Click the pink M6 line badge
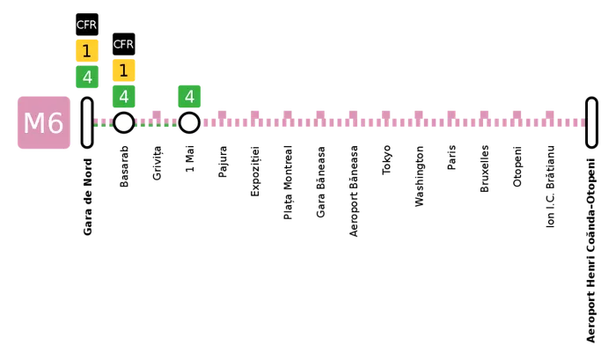(x=42, y=123)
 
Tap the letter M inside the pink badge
(x=33, y=123)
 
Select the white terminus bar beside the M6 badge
(x=86, y=122)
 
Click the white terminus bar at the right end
(x=591, y=122)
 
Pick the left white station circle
(x=123, y=122)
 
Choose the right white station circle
(x=189, y=122)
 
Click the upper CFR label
(x=86, y=25)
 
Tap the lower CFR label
(x=123, y=44)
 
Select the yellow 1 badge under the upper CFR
(x=86, y=51)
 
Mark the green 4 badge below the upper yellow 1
(x=86, y=77)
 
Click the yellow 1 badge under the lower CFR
(x=123, y=70)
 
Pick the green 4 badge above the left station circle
(x=123, y=97)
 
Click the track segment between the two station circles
(x=157, y=121)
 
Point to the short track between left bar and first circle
(x=103, y=121)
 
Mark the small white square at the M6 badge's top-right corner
(x=72, y=94)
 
